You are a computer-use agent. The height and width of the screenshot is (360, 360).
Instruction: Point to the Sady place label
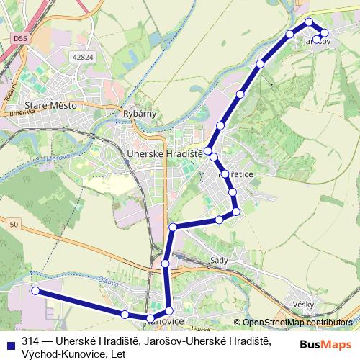click(x=218, y=259)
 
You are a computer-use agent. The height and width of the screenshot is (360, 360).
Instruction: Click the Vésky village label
click(x=303, y=305)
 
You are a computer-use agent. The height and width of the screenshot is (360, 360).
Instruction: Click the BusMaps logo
click(x=325, y=344)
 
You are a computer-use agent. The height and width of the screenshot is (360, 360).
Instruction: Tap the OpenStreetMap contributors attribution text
click(x=296, y=323)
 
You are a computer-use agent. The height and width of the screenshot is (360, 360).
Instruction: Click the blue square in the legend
click(x=10, y=341)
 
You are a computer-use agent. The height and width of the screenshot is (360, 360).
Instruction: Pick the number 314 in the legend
click(x=30, y=341)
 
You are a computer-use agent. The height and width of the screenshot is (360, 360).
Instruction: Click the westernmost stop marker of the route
click(x=35, y=290)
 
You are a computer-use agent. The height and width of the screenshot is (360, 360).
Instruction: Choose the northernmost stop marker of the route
click(x=310, y=22)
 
